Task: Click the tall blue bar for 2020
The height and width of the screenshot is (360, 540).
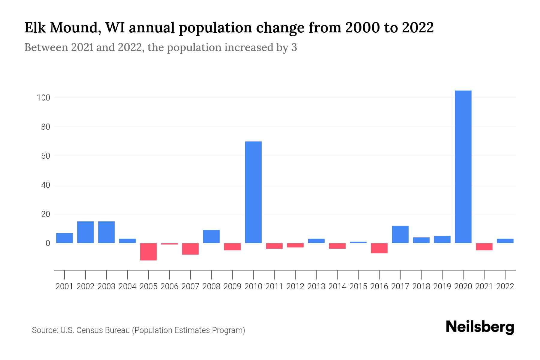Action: point(463,167)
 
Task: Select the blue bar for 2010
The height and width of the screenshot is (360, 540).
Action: point(253,192)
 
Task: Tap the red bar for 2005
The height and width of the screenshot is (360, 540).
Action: point(148,252)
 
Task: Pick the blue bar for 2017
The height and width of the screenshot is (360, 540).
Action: point(400,234)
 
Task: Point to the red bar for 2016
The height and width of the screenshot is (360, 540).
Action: point(379,248)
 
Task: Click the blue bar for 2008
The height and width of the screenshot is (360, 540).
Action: point(211,236)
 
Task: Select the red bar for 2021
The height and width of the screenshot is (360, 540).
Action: point(484,247)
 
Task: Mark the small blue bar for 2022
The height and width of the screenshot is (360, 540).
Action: point(505,241)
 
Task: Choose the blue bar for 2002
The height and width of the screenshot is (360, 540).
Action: point(85,232)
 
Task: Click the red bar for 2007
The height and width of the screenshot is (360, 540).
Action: point(190,249)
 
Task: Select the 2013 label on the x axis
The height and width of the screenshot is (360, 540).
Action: point(316,286)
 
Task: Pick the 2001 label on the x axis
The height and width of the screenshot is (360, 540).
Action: point(64,286)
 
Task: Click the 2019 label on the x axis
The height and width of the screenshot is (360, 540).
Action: point(442,286)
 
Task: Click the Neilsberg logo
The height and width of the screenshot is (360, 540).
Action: point(480,327)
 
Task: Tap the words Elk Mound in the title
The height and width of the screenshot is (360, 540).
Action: point(60,28)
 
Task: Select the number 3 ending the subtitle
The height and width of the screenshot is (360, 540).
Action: point(294,47)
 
